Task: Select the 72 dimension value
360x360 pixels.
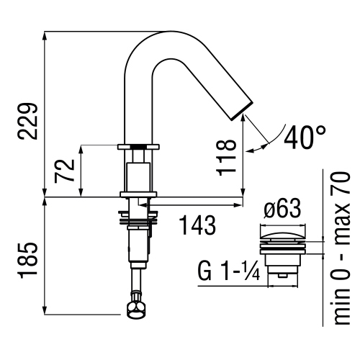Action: click(x=66, y=171)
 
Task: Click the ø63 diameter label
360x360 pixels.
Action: click(x=284, y=212)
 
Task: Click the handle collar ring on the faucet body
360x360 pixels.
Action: click(x=138, y=148)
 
